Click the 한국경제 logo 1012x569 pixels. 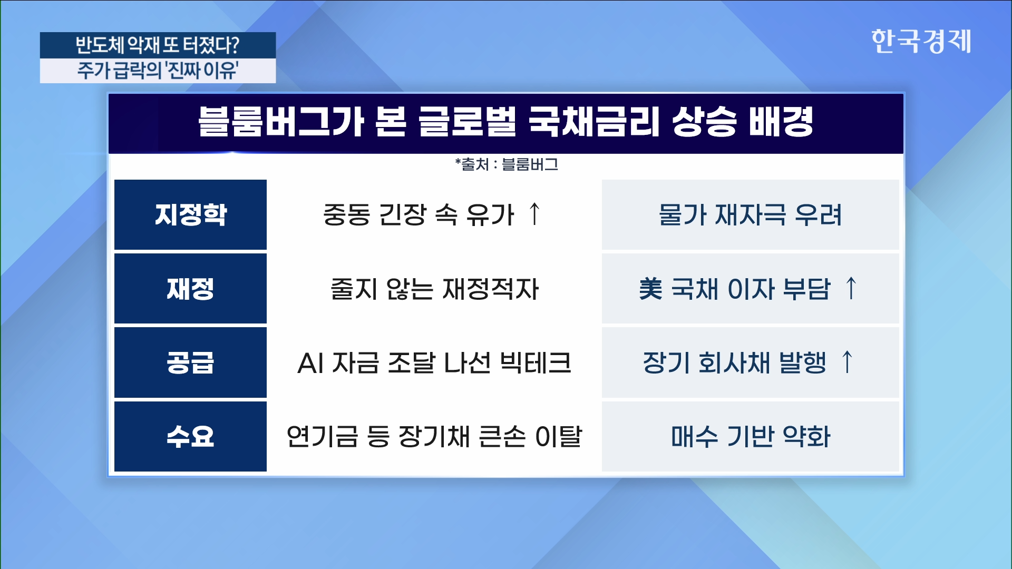pos(921,41)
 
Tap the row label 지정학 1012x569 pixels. pos(190,214)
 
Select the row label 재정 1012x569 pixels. pos(190,289)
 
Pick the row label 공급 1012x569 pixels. pos(190,362)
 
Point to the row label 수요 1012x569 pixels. pos(190,436)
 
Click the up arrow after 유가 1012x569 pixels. pos(534,214)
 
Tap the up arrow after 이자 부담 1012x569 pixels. pos(851,288)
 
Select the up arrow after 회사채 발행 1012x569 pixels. pos(847,362)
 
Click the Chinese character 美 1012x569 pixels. pos(650,289)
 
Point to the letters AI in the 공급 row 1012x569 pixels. pos(310,363)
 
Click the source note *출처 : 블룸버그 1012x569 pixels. pos(507,164)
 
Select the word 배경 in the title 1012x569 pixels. pos(781,122)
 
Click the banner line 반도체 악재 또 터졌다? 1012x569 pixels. pos(158,45)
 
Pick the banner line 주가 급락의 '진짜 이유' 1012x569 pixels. pos(158,70)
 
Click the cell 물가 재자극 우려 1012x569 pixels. pos(750,215)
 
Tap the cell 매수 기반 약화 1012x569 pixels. pos(750,437)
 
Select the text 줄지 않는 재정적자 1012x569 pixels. pos(434,289)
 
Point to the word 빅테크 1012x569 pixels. pos(535,363)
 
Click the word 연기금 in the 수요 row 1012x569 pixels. pos(322,437)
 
